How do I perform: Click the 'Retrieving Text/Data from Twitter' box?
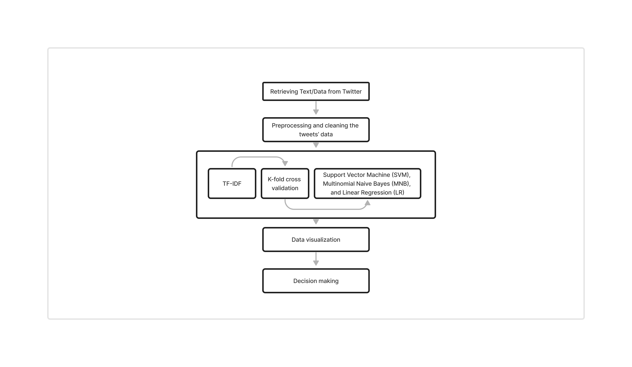316,91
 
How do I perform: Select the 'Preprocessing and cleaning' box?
316,130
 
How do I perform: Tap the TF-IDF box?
232,183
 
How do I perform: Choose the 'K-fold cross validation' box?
285,183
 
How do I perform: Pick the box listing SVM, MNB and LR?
367,183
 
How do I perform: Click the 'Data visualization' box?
316,240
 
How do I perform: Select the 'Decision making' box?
316,281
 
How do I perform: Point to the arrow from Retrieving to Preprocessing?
316,108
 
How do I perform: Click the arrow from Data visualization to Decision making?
316,259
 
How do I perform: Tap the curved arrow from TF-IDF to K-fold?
258,157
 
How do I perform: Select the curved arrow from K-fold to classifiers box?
326,209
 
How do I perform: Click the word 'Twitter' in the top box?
352,92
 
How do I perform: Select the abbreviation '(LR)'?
398,192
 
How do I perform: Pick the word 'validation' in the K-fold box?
285,188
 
